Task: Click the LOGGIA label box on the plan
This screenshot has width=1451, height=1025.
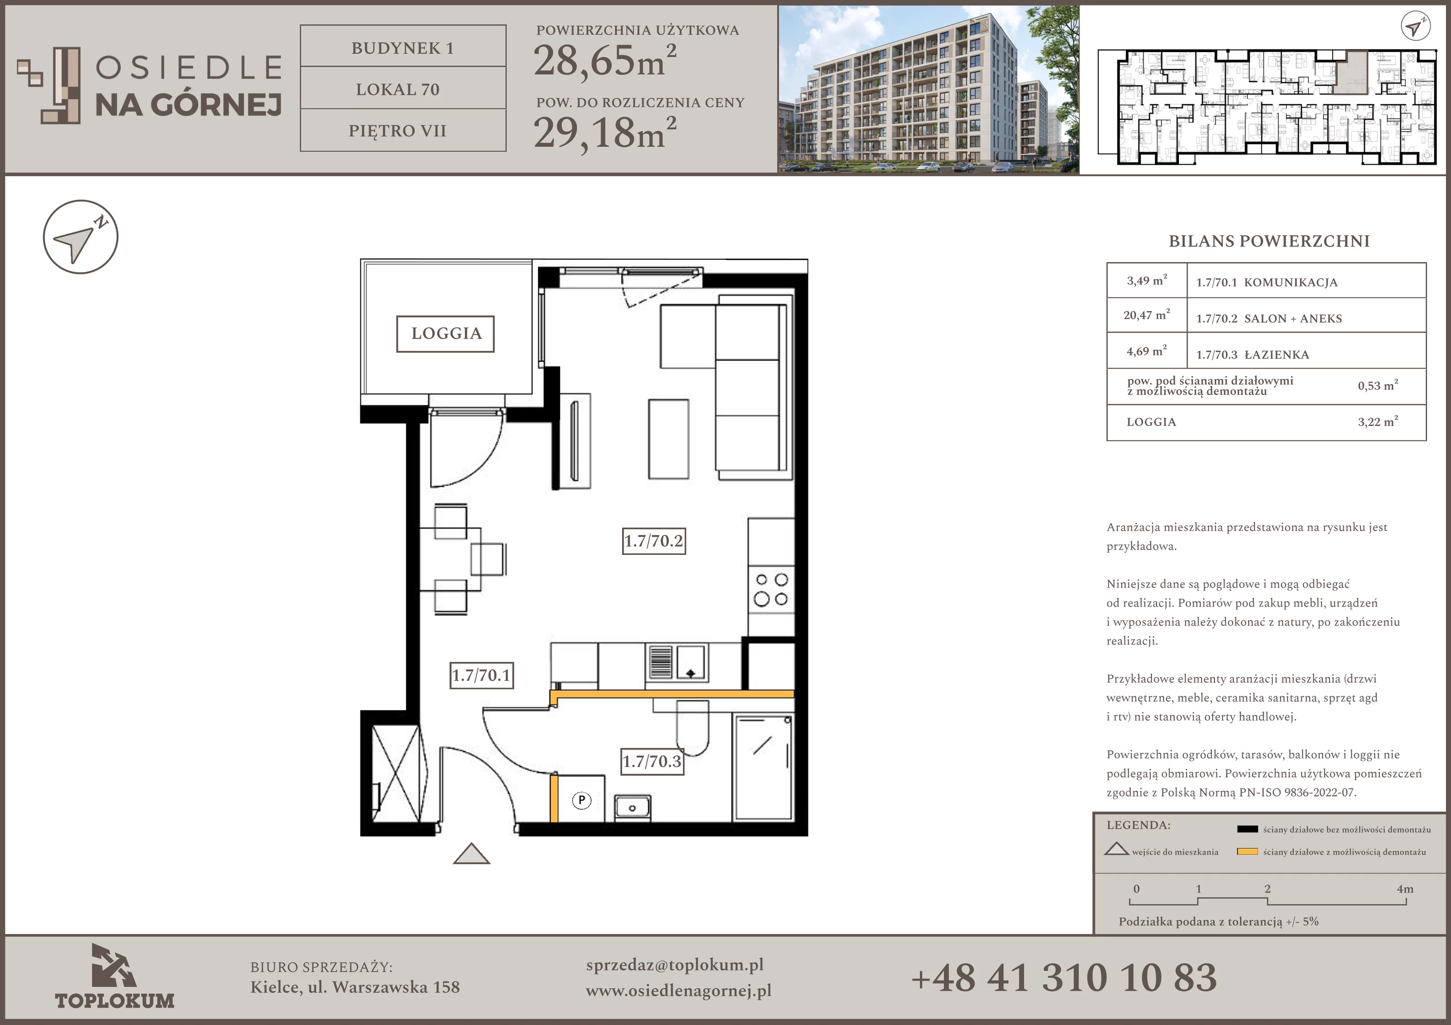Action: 446,334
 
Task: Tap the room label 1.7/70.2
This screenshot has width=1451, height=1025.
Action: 654,541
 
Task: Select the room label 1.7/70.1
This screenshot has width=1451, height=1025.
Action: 482,675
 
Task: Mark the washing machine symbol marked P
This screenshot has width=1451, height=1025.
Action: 581,801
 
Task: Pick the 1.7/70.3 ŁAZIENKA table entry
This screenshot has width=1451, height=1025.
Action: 1252,355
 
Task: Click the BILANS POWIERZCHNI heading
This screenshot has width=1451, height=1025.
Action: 1269,241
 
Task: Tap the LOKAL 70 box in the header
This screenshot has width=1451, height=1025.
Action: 403,88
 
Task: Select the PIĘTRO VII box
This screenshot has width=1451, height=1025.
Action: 403,130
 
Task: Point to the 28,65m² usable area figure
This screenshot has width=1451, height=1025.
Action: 605,61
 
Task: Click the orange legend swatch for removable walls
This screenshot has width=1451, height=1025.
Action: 1247,852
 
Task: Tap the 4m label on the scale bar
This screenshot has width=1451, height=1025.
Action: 1405,889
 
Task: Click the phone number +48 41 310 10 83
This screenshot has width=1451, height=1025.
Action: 1064,977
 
